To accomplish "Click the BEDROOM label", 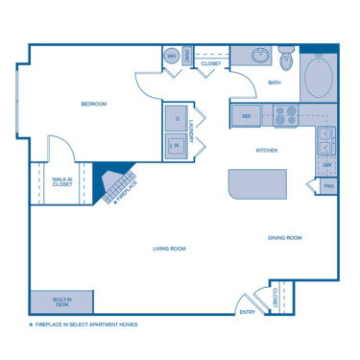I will pos(92,104).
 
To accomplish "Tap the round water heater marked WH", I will pos(172,57).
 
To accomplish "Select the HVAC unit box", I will pos(187,57).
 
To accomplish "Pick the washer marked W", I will pos(177,146).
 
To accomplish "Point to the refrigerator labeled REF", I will pos(246,116).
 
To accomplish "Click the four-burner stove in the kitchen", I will pos(285,116).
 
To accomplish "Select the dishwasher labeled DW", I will pos(327,165).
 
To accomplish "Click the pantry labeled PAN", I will pos(328,186).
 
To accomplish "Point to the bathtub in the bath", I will pos(318,76).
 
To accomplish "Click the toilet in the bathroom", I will pos(286,60).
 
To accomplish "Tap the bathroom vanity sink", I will pos(257,56).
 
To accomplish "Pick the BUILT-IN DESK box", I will pos(62,302).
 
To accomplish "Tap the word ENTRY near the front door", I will pos(248,312).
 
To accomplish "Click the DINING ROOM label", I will pos(284,237).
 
